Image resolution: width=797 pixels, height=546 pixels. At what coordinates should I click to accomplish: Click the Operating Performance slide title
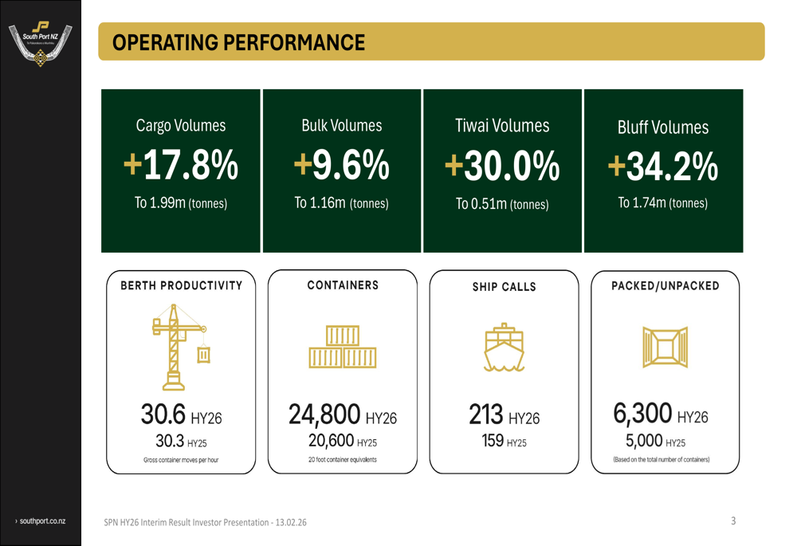coord(239,42)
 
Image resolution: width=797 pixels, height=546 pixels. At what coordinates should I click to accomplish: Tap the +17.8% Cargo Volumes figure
coord(181,165)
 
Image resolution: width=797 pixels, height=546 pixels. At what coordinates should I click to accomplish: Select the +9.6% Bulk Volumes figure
coord(341,165)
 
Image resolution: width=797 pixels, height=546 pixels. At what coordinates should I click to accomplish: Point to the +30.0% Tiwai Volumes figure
coord(502,165)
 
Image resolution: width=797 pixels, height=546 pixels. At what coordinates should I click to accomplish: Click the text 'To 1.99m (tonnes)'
coord(181,203)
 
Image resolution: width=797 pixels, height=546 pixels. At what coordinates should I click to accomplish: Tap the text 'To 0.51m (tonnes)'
coord(502,204)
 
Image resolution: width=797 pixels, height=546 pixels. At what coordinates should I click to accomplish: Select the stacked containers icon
coord(342,348)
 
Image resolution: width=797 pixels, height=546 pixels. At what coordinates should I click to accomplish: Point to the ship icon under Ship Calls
coord(503,348)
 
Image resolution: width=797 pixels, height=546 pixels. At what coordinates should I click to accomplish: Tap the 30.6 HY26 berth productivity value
coord(181,416)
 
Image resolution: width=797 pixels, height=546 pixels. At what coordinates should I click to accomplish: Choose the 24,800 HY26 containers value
coord(342,416)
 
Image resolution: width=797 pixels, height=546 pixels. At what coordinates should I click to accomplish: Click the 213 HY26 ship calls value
coord(503,415)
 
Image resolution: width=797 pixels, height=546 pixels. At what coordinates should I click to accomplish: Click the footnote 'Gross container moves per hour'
coord(181,460)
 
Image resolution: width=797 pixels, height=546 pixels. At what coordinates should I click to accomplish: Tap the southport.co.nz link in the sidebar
coord(41,520)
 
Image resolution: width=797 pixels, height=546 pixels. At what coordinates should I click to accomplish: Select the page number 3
coord(733,520)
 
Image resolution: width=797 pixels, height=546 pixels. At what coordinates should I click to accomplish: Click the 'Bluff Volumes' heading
coord(662,128)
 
